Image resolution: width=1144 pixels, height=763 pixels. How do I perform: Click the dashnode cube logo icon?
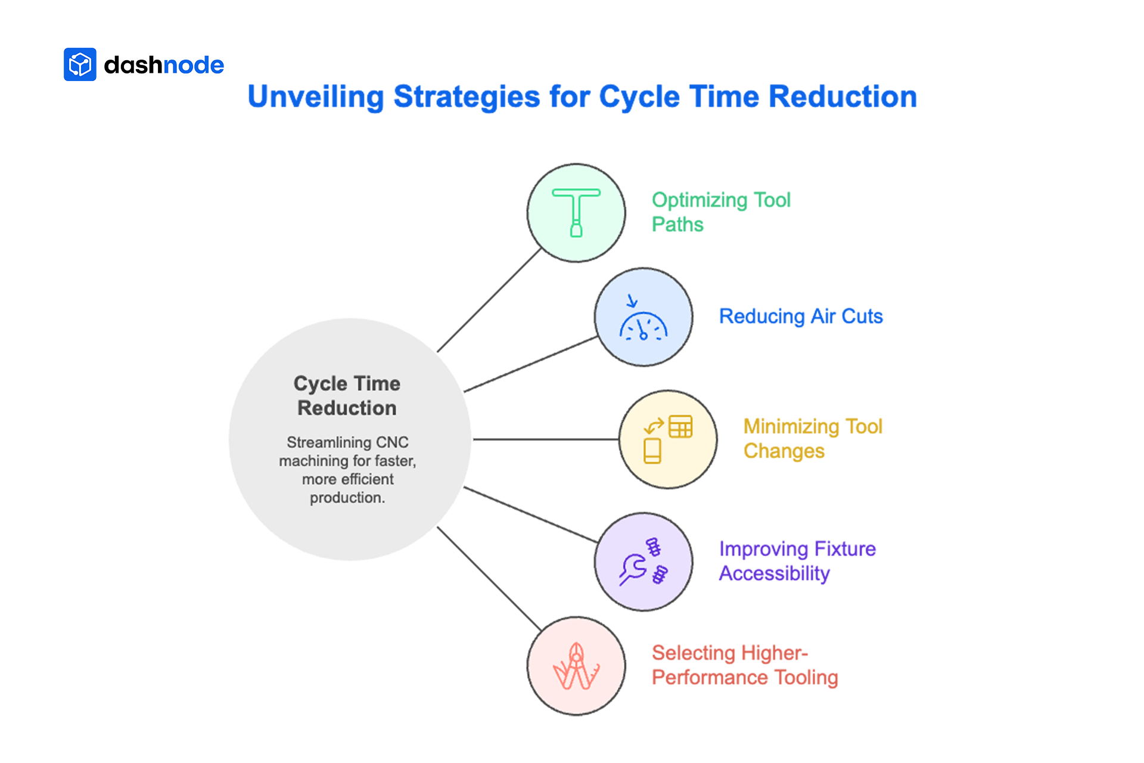[80, 64]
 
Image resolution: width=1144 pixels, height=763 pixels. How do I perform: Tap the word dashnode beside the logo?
[164, 65]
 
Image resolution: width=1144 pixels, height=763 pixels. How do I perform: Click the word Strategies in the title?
[467, 97]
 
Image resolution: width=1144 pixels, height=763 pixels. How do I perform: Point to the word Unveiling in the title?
[315, 97]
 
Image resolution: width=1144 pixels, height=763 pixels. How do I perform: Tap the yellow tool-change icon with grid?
[668, 439]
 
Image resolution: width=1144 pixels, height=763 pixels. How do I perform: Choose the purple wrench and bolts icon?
[643, 562]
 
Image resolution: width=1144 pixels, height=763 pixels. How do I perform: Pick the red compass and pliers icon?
[576, 666]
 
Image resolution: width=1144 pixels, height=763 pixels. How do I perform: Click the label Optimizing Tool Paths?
[721, 212]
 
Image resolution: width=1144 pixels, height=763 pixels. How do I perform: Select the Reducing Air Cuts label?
[801, 317]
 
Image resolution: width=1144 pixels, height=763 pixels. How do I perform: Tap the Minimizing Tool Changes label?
[813, 439]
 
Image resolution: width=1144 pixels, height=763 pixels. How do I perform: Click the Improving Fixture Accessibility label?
[797, 561]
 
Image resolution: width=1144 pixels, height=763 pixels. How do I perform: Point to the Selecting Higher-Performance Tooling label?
[745, 665]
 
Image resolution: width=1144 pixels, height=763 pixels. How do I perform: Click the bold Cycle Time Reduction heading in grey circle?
[347, 396]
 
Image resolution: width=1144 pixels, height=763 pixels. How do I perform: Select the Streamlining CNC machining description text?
[347, 470]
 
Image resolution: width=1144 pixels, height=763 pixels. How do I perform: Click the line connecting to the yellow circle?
[545, 439]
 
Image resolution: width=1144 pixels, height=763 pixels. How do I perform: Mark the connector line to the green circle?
[489, 300]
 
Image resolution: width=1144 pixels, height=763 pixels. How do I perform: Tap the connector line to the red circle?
[489, 578]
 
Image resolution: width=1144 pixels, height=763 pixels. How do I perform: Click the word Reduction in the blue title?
[843, 97]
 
